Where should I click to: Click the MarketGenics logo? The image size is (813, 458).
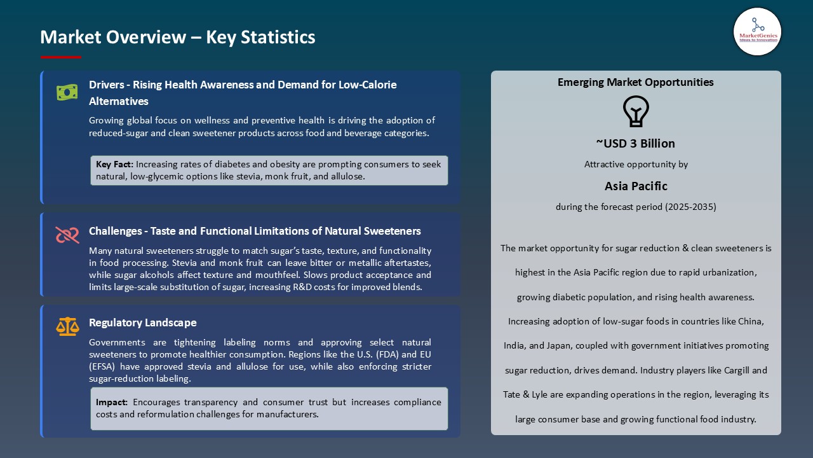[x=757, y=31]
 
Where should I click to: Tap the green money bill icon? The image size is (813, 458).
[x=67, y=93]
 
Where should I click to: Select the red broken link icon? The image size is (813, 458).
[x=67, y=235]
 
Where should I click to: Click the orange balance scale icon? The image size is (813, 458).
[x=67, y=326]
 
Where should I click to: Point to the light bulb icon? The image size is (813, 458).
[x=636, y=111]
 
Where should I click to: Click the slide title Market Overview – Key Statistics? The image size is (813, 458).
[x=177, y=38]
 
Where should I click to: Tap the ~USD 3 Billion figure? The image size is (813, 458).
[x=635, y=143]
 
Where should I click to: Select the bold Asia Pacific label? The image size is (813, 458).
[x=635, y=186]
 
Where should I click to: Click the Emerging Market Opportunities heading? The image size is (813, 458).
[x=635, y=82]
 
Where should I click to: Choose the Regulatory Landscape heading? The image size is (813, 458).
[x=142, y=323]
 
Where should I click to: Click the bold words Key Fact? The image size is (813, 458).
[x=114, y=164]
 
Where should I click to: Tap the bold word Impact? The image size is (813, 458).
[x=112, y=402]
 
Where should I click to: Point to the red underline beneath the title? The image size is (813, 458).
[x=61, y=57]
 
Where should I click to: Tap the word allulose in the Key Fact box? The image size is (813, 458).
[x=347, y=176]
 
